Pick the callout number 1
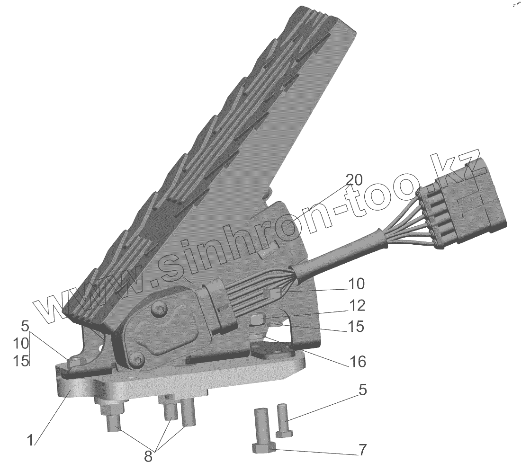(30, 440)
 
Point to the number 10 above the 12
(356, 284)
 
